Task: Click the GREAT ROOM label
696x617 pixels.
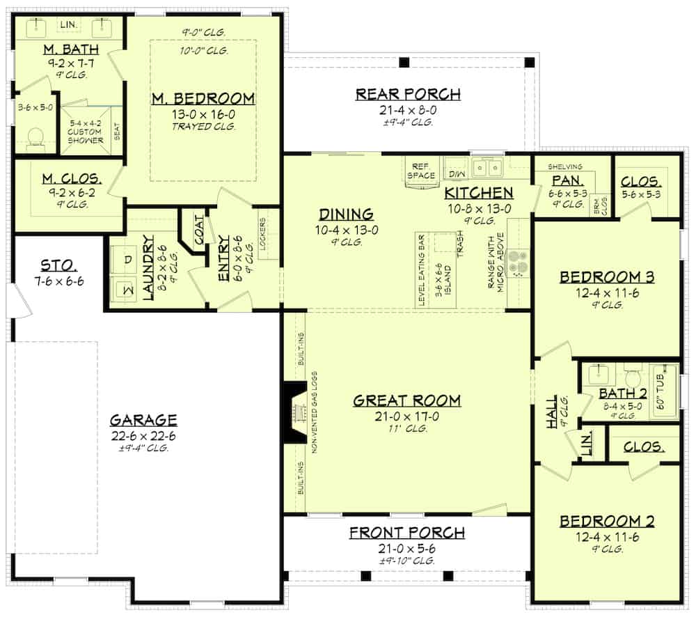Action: tap(406, 400)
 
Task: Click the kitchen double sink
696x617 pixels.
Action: tap(489, 167)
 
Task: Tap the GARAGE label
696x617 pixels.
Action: tap(143, 420)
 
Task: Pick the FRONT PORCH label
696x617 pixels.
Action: tap(406, 533)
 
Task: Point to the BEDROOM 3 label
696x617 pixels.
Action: tap(607, 278)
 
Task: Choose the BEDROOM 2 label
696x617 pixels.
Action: tap(607, 522)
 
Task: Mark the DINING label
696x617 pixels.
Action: tap(346, 214)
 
